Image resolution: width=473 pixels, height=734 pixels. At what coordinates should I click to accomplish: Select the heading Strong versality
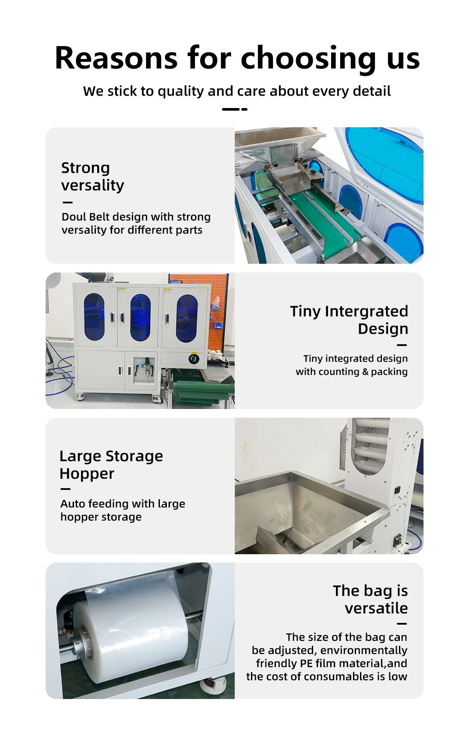click(93, 177)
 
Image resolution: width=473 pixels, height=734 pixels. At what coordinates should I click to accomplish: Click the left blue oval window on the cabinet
click(94, 317)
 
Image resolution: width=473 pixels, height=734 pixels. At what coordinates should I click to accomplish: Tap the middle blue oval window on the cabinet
click(141, 318)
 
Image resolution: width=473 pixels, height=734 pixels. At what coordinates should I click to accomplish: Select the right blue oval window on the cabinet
click(187, 318)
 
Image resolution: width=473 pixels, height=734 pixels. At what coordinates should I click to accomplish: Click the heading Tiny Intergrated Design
click(349, 320)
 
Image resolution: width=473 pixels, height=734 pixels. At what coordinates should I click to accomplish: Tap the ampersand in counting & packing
click(365, 372)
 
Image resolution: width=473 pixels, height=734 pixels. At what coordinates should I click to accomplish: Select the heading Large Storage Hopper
click(111, 465)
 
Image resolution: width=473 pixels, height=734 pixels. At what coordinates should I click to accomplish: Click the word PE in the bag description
click(306, 663)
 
